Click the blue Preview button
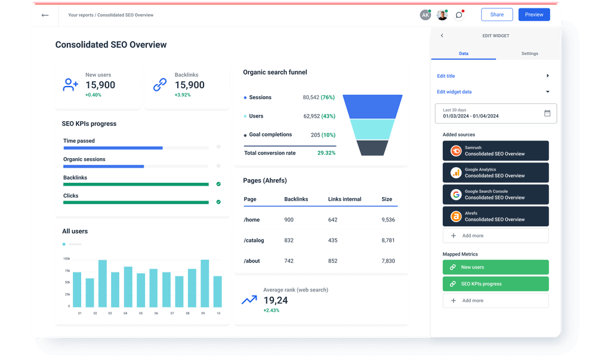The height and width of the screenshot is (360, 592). (x=534, y=15)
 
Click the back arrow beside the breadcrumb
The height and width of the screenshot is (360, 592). (x=45, y=15)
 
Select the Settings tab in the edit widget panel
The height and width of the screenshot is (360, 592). (x=529, y=54)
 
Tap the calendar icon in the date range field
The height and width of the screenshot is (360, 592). (x=547, y=113)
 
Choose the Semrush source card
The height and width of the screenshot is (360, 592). (x=495, y=151)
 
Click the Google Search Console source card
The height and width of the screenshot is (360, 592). (x=495, y=195)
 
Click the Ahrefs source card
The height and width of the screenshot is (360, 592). (x=495, y=217)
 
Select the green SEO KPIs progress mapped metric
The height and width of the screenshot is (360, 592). (x=495, y=284)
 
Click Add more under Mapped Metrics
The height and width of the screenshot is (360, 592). (x=495, y=300)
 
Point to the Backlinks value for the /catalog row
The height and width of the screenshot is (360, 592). (x=289, y=241)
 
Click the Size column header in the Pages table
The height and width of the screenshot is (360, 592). (x=387, y=199)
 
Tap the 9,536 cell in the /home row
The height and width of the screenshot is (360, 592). (x=388, y=220)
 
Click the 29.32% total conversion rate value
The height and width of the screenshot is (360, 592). (x=326, y=153)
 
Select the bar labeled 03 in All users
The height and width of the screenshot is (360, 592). (x=102, y=284)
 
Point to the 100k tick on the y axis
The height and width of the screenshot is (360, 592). (x=66, y=259)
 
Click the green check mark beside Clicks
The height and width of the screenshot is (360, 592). (x=218, y=202)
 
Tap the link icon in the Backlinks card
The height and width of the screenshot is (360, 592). (x=160, y=85)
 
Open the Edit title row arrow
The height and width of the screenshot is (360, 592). (x=547, y=76)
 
